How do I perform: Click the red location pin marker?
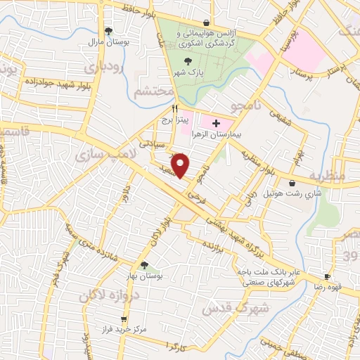pos(181,165)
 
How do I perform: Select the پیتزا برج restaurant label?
pos(174,121)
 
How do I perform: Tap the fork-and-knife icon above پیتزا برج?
pos(174,109)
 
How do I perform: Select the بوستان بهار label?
pos(144,276)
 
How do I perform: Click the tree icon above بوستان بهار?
pos(144,266)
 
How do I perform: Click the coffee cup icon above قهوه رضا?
pos(327,277)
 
